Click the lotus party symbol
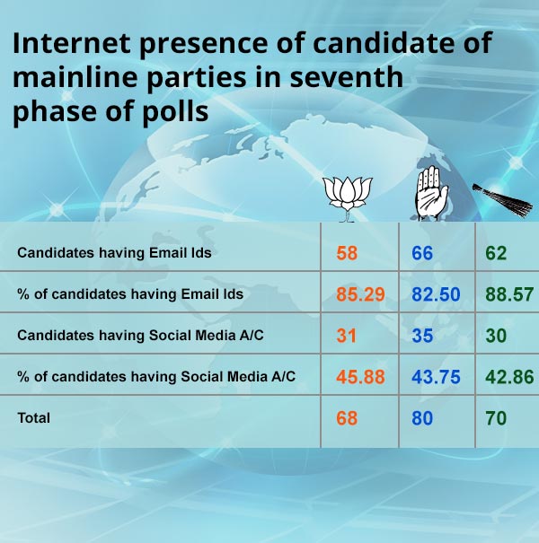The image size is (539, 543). click(x=348, y=199)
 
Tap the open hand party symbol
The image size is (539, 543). click(x=431, y=193)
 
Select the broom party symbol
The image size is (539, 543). click(x=502, y=200)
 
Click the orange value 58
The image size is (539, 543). click(x=347, y=253)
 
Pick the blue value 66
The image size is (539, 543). click(x=422, y=253)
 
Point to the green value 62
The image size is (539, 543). click(x=496, y=253)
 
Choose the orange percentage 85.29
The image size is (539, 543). click(x=360, y=294)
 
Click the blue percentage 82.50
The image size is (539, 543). click(x=436, y=294)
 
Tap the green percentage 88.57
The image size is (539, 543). click(x=509, y=294)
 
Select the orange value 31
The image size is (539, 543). click(x=346, y=336)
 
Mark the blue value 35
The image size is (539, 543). click(x=422, y=336)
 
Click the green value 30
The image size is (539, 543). click(x=496, y=336)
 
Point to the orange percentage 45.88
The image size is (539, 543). click(x=360, y=377)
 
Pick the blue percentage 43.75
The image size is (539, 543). click(x=436, y=377)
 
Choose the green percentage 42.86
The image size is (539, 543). click(x=509, y=377)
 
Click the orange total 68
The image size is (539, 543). click(x=347, y=418)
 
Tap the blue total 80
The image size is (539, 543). click(x=422, y=418)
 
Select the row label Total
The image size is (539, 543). click(x=33, y=418)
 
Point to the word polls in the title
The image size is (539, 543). click(x=175, y=111)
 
